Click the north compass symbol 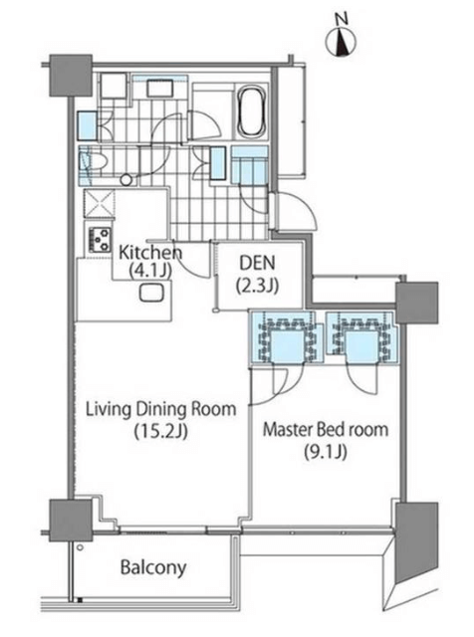342,41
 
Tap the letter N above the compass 342,18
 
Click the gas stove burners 100,239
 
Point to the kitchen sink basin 151,293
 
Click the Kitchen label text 150,253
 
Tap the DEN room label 257,263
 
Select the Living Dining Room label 160,409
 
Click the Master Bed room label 326,429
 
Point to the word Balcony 153,567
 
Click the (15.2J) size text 161,432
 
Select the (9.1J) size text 326,452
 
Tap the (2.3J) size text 257,286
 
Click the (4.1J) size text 150,271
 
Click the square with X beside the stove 100,203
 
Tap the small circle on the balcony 80,547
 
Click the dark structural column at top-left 71,76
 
